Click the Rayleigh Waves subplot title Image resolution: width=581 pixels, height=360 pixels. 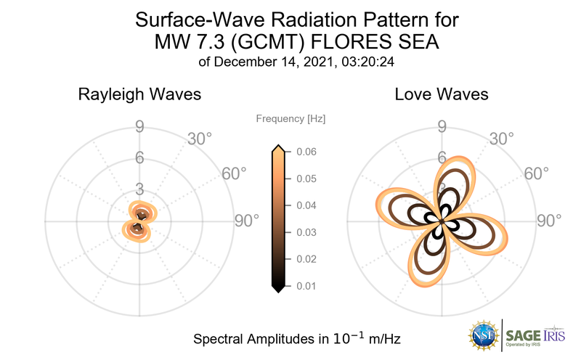click(139, 94)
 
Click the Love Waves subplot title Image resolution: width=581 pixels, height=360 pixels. click(441, 94)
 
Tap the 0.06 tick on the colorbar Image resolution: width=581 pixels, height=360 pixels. click(305, 152)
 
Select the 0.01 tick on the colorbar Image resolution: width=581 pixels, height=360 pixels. click(305, 286)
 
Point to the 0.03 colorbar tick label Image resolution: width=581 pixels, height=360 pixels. click(305, 232)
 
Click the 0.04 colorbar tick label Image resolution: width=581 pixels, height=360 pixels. click(305, 205)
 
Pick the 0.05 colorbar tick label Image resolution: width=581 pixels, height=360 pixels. click(305, 179)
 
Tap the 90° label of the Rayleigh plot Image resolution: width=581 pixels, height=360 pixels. click(246, 221)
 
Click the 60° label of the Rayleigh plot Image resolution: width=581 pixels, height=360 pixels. click(234, 173)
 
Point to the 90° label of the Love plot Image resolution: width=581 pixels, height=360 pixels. click(549, 221)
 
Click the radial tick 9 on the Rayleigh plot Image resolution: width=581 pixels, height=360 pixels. click(139, 128)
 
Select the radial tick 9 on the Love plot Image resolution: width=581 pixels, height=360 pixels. click(441, 128)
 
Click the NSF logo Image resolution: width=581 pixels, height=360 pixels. click(482, 335)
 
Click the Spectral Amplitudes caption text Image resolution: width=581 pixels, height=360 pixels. click(297, 339)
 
